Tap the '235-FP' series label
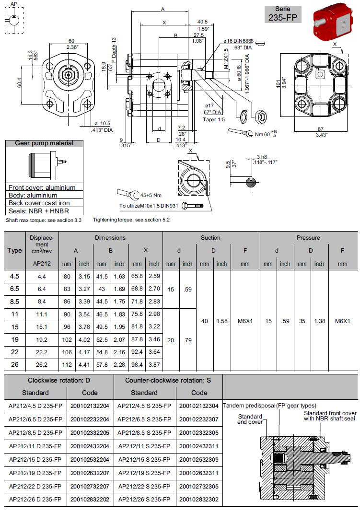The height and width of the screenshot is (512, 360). pyautogui.click(x=283, y=18)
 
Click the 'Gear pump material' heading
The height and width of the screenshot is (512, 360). pyautogui.click(x=44, y=143)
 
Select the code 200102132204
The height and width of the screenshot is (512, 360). pyautogui.click(x=90, y=406)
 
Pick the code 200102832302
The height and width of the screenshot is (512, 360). pyautogui.click(x=199, y=499)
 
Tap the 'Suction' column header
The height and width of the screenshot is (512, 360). pyautogui.click(x=210, y=238)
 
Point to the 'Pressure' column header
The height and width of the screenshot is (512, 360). pyautogui.click(x=308, y=238)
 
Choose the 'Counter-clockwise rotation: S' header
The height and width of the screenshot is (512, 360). pyautogui.click(x=168, y=381)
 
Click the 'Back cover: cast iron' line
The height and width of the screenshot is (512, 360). pyautogui.click(x=38, y=203)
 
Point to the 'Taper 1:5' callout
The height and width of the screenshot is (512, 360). pyautogui.click(x=214, y=119)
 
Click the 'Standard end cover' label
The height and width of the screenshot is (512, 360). pyautogui.click(x=250, y=419)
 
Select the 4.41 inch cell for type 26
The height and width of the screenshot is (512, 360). pyautogui.click(x=84, y=364)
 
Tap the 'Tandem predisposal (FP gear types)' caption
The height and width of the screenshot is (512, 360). pyautogui.click(x=269, y=406)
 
